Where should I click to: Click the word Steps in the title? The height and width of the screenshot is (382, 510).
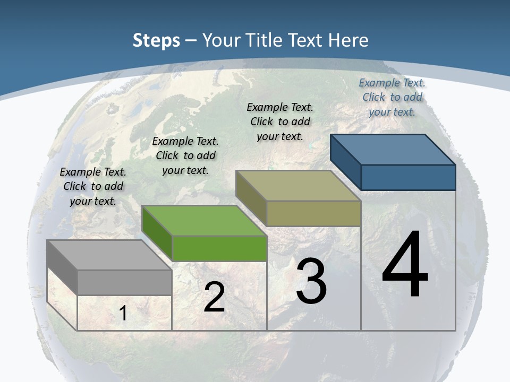156,40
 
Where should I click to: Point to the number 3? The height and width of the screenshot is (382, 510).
311,282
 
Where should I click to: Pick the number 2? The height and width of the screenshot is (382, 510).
214,297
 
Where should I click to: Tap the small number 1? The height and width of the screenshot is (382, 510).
123,313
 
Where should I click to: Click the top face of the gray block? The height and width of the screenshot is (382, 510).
109,255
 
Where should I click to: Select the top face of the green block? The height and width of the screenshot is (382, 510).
204,221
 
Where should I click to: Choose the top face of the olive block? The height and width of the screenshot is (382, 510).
298,186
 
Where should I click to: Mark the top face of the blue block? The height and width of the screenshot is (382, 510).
393,150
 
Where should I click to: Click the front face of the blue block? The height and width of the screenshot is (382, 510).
408,177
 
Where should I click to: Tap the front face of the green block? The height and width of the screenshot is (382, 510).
219,248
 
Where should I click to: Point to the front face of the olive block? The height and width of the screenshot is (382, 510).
313,213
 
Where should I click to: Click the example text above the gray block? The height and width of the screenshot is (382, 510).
93,186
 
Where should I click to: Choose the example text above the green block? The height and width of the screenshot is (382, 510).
185,155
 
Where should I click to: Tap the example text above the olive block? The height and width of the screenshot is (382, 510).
280,121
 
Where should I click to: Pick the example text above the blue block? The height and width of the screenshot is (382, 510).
392,97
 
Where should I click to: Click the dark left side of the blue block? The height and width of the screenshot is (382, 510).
345,162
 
